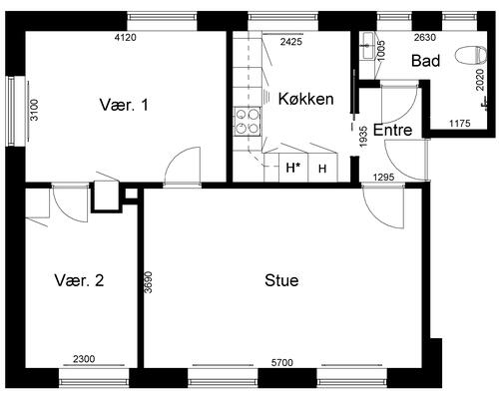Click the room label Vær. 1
pos(124,105)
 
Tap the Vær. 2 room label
pos(79,280)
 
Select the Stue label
pos(281,280)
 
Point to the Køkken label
pos(305,99)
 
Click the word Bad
pos(425,61)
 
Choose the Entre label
pos(392,130)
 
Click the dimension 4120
pos(125,38)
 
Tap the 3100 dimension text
pos(34,110)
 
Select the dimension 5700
pos(282,362)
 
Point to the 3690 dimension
pos(149,282)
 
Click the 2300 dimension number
pos(84,359)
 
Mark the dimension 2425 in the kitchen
pos(291,42)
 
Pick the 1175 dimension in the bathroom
pos(460,124)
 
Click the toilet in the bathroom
pos(471,55)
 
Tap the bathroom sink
pos(368,46)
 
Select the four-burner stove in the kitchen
pos(247,122)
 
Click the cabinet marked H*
pos(293,168)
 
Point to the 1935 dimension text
pos(363,137)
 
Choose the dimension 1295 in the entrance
pos(383,178)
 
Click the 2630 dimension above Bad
pos(425,38)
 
